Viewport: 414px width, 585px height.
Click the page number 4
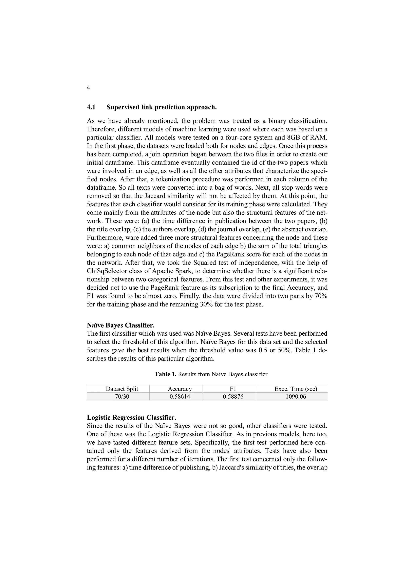(x=88, y=88)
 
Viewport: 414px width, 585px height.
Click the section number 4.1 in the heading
(x=91, y=107)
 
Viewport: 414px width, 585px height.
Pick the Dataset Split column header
(x=122, y=389)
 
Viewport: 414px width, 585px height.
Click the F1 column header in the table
(x=233, y=389)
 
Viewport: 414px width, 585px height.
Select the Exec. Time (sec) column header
(x=296, y=389)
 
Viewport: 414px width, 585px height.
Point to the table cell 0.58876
(x=233, y=396)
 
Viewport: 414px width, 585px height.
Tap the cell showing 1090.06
(x=296, y=396)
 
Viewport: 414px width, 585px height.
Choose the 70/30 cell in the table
(x=122, y=396)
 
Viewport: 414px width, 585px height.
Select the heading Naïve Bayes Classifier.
(x=121, y=325)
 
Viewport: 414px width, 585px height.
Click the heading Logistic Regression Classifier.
(x=131, y=417)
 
